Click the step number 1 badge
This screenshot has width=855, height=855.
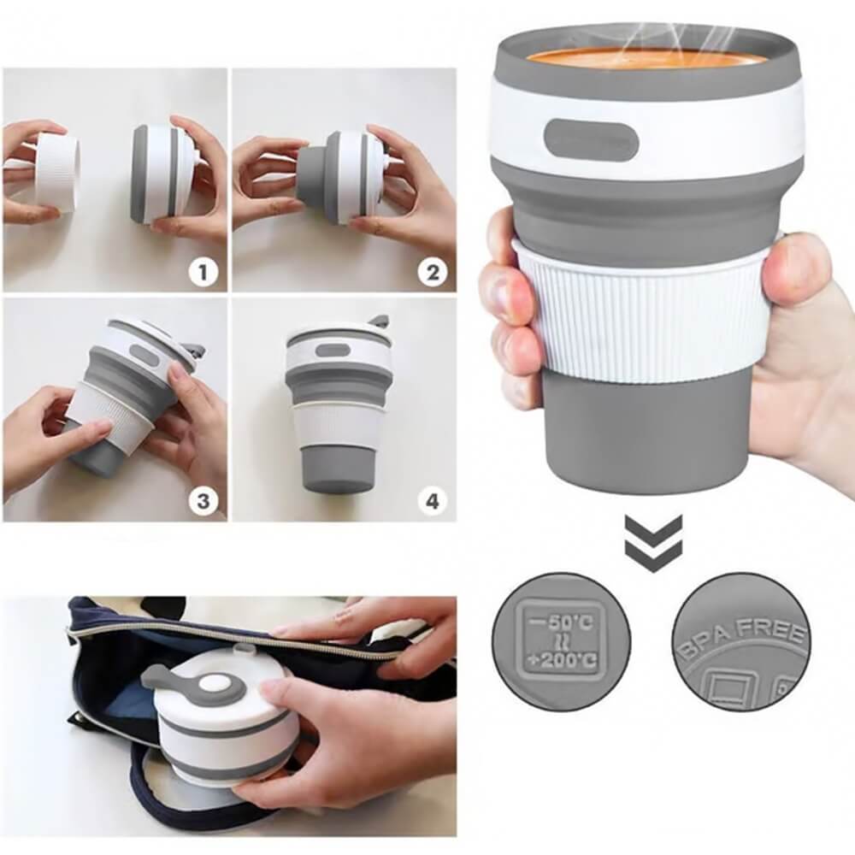tap(203, 273)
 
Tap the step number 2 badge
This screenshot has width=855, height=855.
tap(432, 273)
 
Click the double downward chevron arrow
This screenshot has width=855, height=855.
tap(653, 544)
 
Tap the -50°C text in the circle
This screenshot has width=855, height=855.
tap(561, 620)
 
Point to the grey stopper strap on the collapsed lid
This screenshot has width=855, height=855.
tap(167, 680)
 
